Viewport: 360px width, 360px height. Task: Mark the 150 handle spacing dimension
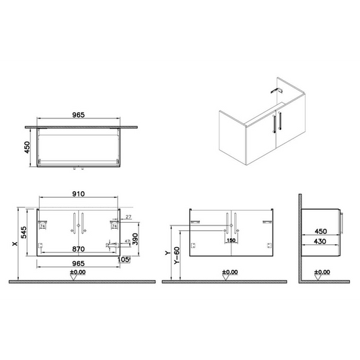tap(231, 240)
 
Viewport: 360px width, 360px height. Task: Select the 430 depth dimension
tap(321, 240)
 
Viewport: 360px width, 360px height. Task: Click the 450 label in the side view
tap(321, 229)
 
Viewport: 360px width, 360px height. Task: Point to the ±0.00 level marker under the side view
tap(322, 273)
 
